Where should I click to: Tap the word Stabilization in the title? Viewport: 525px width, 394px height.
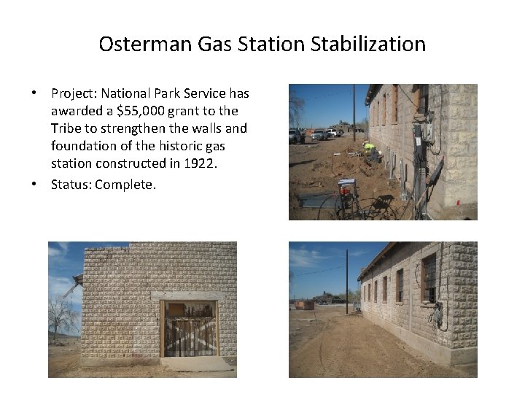pos(368,44)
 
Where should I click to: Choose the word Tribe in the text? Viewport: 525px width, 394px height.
pos(67,128)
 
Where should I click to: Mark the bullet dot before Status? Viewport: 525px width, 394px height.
pos(34,185)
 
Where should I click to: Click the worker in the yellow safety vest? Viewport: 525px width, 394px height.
pos(370,149)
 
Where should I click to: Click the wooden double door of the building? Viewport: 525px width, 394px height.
pos(189,330)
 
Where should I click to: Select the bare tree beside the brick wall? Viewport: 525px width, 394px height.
pos(64,317)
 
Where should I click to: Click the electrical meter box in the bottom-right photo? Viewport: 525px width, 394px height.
pos(437,315)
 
